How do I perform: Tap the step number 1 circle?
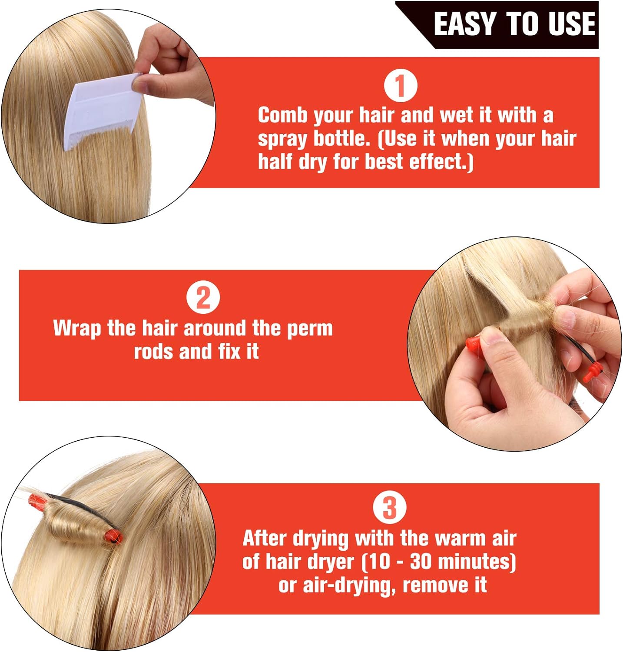click(x=401, y=86)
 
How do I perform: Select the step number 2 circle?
click(x=203, y=298)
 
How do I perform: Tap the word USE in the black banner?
click(x=571, y=24)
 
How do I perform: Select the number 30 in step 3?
click(x=422, y=562)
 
